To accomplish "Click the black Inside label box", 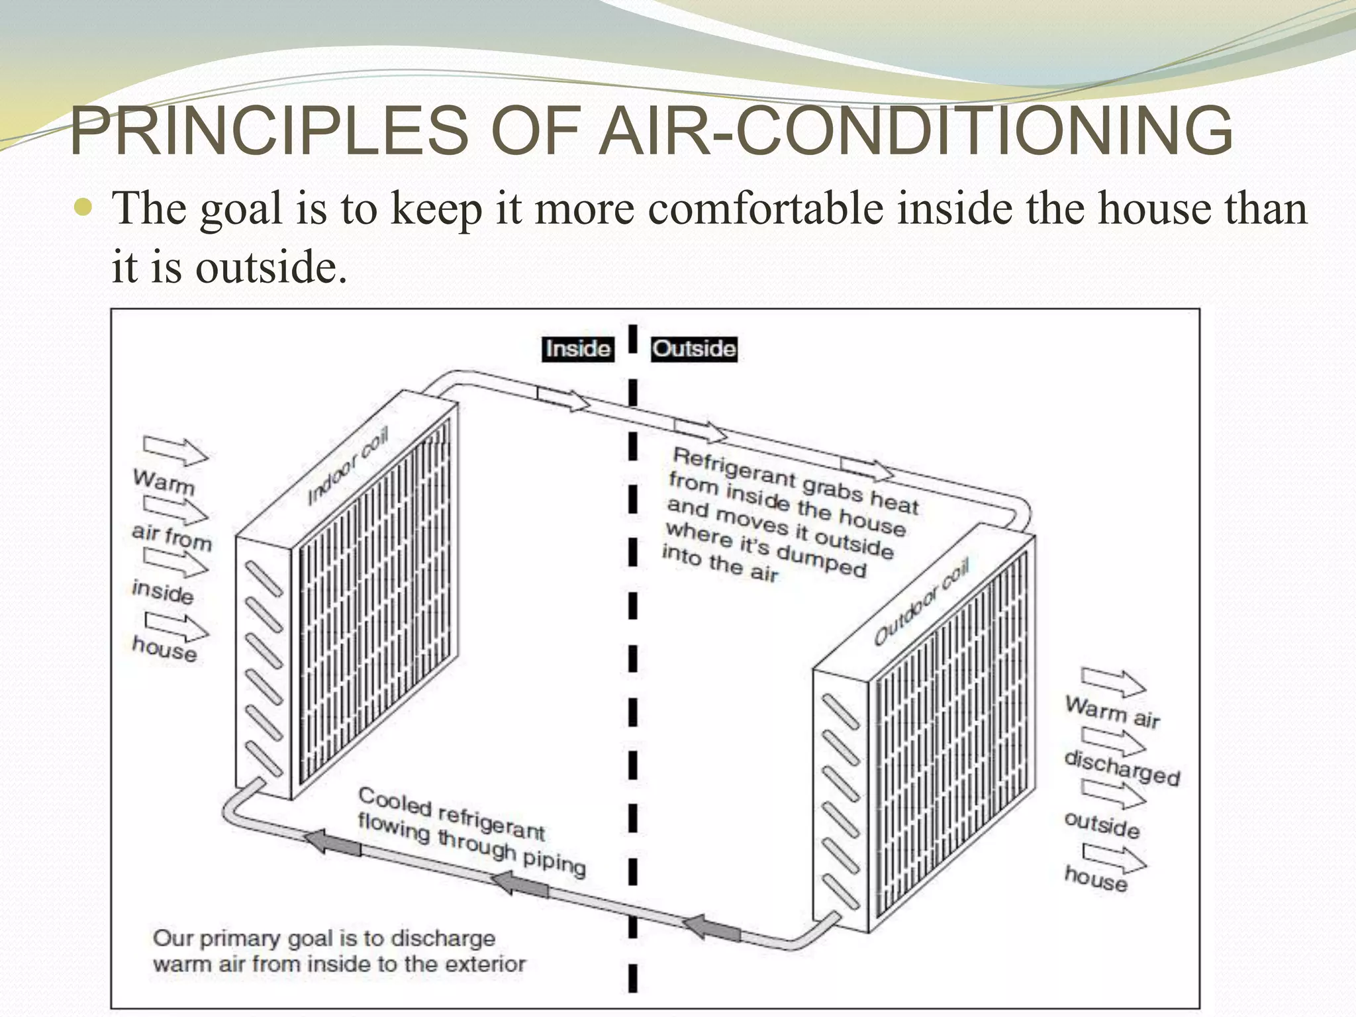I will tap(578, 349).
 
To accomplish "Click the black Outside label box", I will tap(694, 349).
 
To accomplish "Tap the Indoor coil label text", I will tap(348, 466).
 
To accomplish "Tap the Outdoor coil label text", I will tap(921, 601).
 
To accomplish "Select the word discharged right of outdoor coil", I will tap(1122, 767).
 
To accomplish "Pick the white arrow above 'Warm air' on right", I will tap(1113, 681).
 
